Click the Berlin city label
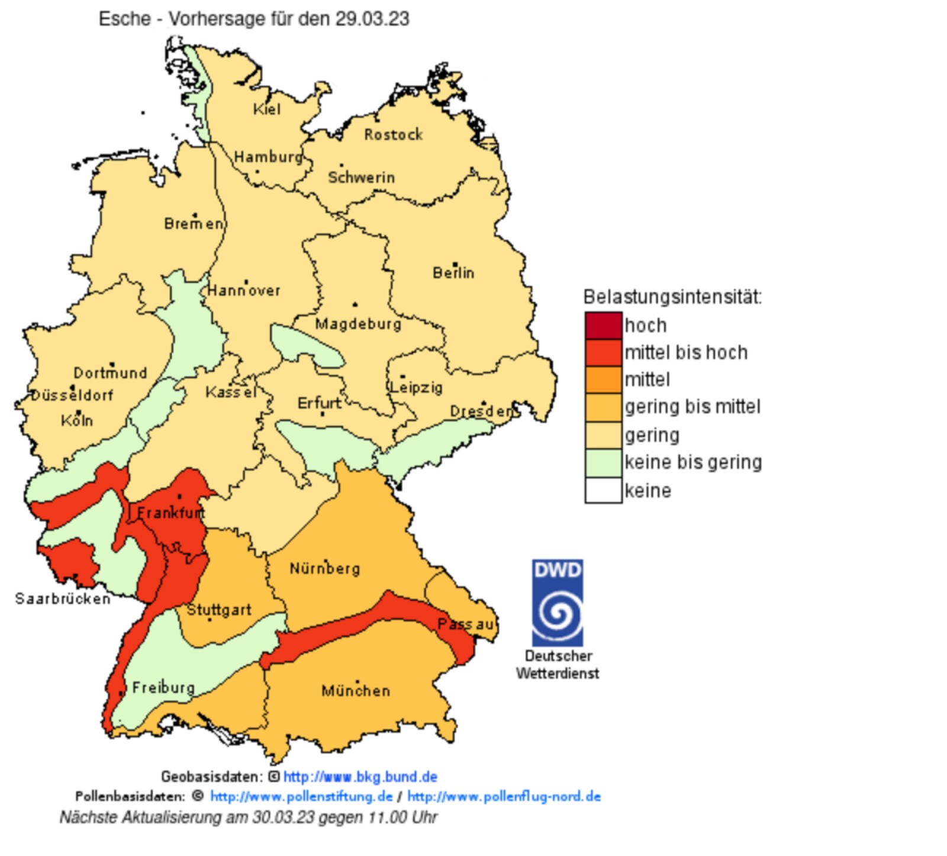click(453, 273)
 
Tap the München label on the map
click(355, 691)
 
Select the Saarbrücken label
click(62, 598)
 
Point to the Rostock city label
click(393, 135)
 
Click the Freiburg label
click(163, 688)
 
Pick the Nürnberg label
click(324, 569)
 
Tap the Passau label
click(465, 624)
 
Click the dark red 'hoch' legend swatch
click(603, 325)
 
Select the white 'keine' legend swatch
click(603, 491)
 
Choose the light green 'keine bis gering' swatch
click(603, 462)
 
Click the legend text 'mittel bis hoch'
click(685, 353)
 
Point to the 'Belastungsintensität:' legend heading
click(672, 297)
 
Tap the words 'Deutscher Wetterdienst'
click(557, 665)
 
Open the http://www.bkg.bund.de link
click(360, 777)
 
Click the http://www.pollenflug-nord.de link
click(504, 797)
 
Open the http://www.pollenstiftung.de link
click(301, 797)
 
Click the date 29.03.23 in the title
click(372, 19)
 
